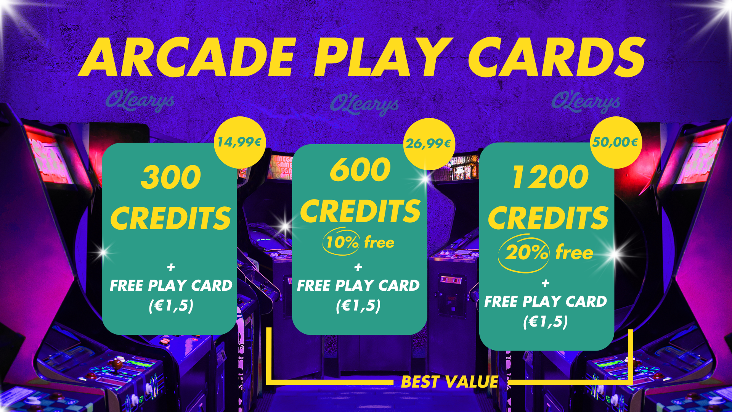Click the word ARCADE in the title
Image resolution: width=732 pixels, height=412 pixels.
click(187, 57)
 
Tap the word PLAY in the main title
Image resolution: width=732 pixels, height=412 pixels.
click(383, 57)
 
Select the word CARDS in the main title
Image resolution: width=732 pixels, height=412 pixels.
click(557, 57)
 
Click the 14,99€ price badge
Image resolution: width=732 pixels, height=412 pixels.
click(239, 142)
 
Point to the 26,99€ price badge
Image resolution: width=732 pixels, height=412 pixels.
click(429, 144)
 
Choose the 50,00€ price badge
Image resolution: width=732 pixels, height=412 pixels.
click(615, 142)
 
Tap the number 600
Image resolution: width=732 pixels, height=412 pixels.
click(360, 169)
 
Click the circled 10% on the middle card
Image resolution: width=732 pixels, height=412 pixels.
click(342, 242)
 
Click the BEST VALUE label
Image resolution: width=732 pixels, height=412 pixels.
click(450, 382)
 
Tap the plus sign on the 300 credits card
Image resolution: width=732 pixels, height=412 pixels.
click(171, 267)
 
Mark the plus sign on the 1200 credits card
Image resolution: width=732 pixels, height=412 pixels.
click(546, 283)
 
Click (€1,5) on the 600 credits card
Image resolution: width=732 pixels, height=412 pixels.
click(358, 306)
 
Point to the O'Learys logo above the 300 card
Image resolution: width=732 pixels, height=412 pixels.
click(140, 101)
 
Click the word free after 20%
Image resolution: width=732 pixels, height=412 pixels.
click(574, 253)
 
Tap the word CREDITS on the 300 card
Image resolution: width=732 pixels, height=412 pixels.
click(171, 218)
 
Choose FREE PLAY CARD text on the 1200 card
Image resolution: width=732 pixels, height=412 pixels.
click(546, 301)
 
